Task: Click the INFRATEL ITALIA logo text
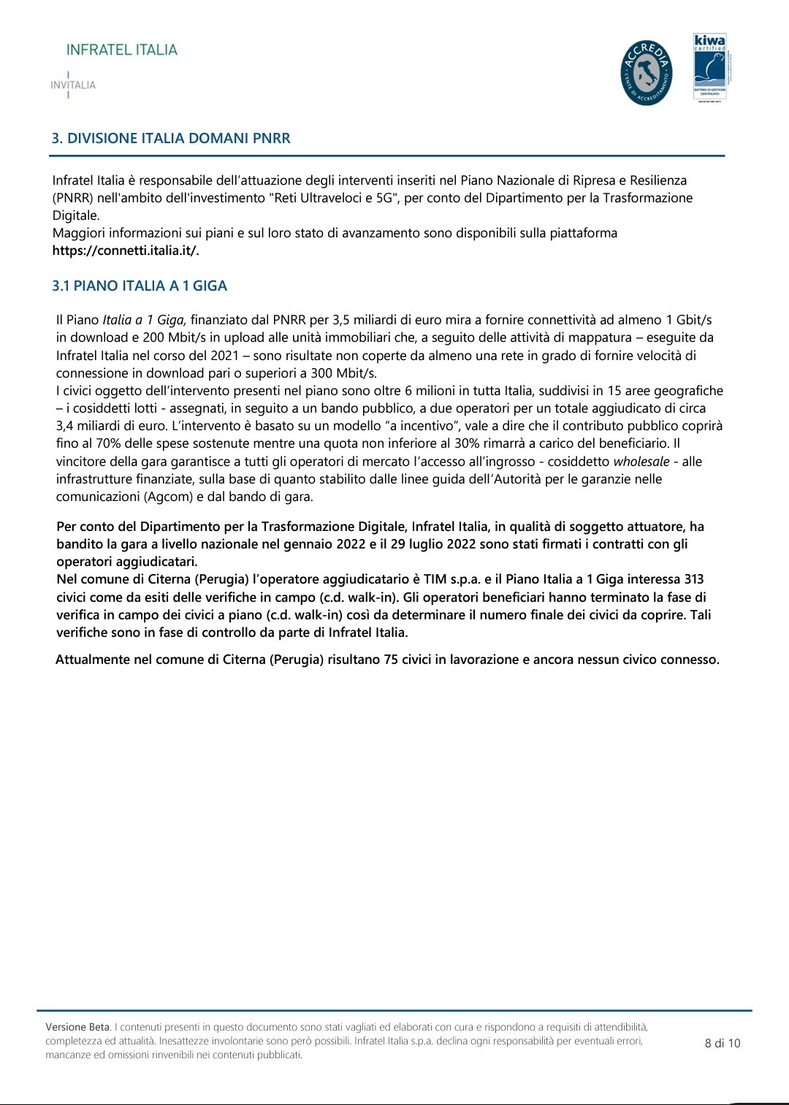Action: click(x=122, y=50)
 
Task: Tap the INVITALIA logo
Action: click(x=73, y=85)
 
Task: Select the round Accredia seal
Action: click(x=646, y=72)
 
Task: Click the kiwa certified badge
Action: click(x=709, y=67)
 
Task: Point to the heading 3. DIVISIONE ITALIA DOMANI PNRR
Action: click(x=171, y=138)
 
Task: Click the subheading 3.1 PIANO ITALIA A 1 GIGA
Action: click(x=140, y=286)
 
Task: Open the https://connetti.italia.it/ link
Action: click(x=126, y=251)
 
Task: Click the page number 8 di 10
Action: click(x=723, y=1043)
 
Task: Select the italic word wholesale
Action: click(x=641, y=462)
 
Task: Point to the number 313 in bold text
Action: click(x=693, y=579)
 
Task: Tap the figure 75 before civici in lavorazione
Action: click(x=390, y=659)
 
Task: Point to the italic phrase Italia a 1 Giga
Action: click(x=145, y=320)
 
